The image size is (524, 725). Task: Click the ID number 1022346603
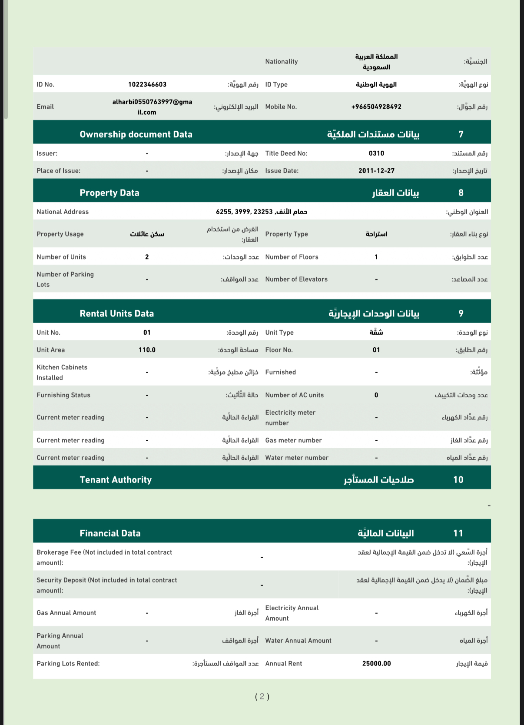pos(147,84)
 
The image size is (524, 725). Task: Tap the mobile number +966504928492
pos(376,107)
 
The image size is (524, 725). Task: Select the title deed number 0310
pos(376,153)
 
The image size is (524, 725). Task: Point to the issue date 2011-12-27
pos(376,171)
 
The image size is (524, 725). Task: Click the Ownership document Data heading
pos(136,134)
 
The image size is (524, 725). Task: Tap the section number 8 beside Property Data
pos(461,193)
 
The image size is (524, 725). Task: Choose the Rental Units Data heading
pos(117,313)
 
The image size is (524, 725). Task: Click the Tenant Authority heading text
pos(116,480)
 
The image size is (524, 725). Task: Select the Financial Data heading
pos(110,533)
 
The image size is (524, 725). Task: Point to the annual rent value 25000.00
pos(376,664)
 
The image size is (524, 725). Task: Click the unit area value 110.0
pos(147,350)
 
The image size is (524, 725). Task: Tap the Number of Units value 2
pos(147,257)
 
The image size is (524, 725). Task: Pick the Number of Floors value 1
pos(376,257)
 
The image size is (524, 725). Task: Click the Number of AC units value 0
pos(376,395)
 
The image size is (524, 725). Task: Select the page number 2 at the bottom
pos(262,697)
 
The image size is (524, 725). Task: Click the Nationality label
pos(282,62)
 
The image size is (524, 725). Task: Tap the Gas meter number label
pos(294,440)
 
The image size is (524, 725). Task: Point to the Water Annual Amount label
pos(298,641)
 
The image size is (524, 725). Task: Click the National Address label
pos(63,212)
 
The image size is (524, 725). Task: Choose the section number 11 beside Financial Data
pos(458,533)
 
